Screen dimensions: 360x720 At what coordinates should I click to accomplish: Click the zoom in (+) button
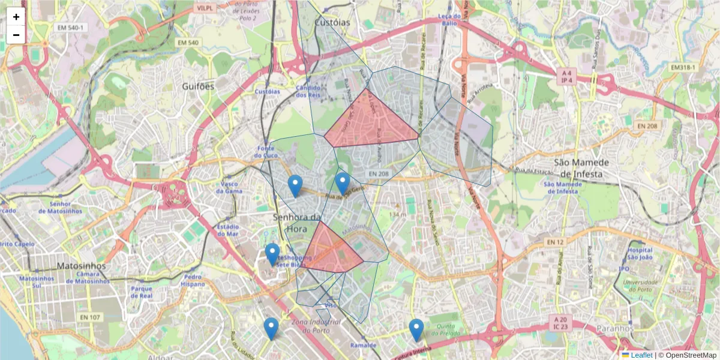click(x=16, y=17)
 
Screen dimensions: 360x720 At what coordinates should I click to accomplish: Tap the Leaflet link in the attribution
click(x=641, y=355)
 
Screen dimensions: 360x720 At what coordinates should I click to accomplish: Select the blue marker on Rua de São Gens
click(x=343, y=184)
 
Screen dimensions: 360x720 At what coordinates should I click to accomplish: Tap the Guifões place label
click(x=198, y=86)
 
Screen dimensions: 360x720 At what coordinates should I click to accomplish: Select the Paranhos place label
click(x=615, y=329)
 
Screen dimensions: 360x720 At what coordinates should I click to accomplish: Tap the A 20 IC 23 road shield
click(x=561, y=323)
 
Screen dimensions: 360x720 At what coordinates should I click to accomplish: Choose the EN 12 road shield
click(x=556, y=242)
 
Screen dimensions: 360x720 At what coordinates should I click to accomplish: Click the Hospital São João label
click(x=640, y=254)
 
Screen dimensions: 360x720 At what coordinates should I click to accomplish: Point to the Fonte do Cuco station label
click(x=266, y=152)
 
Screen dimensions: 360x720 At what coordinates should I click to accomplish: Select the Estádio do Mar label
click(x=228, y=230)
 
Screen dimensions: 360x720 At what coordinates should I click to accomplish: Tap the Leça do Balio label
click(x=449, y=19)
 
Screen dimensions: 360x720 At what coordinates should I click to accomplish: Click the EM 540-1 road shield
click(x=70, y=28)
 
